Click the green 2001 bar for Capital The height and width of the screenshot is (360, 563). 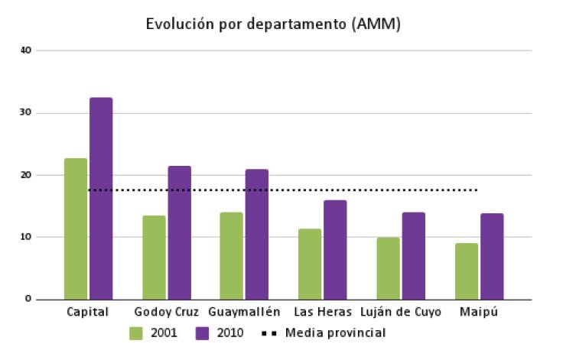point(76,229)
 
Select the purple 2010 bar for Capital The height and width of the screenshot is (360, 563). point(101,199)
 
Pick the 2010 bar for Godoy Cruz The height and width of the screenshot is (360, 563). point(180,232)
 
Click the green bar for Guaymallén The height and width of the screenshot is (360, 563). point(232,255)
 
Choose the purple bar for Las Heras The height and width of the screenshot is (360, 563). point(335,249)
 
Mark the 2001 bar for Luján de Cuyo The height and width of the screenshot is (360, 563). point(388,268)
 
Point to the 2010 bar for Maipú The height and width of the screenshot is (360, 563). point(492,256)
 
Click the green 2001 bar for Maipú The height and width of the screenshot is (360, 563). point(467,271)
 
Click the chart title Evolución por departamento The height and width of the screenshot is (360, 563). point(273,24)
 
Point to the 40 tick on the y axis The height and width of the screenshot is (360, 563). point(27,50)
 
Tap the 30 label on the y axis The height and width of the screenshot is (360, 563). point(27,112)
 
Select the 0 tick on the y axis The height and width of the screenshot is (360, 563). point(28,299)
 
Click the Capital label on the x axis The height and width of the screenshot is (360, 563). point(88,312)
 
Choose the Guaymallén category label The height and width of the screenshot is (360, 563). point(244,312)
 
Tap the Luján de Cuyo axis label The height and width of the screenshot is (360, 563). point(401,312)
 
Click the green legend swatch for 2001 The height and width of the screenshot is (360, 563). point(137,333)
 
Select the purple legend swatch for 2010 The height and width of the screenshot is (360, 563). point(203,333)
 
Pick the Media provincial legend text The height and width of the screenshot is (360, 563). point(335,333)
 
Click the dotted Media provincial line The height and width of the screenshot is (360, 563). point(283,190)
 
